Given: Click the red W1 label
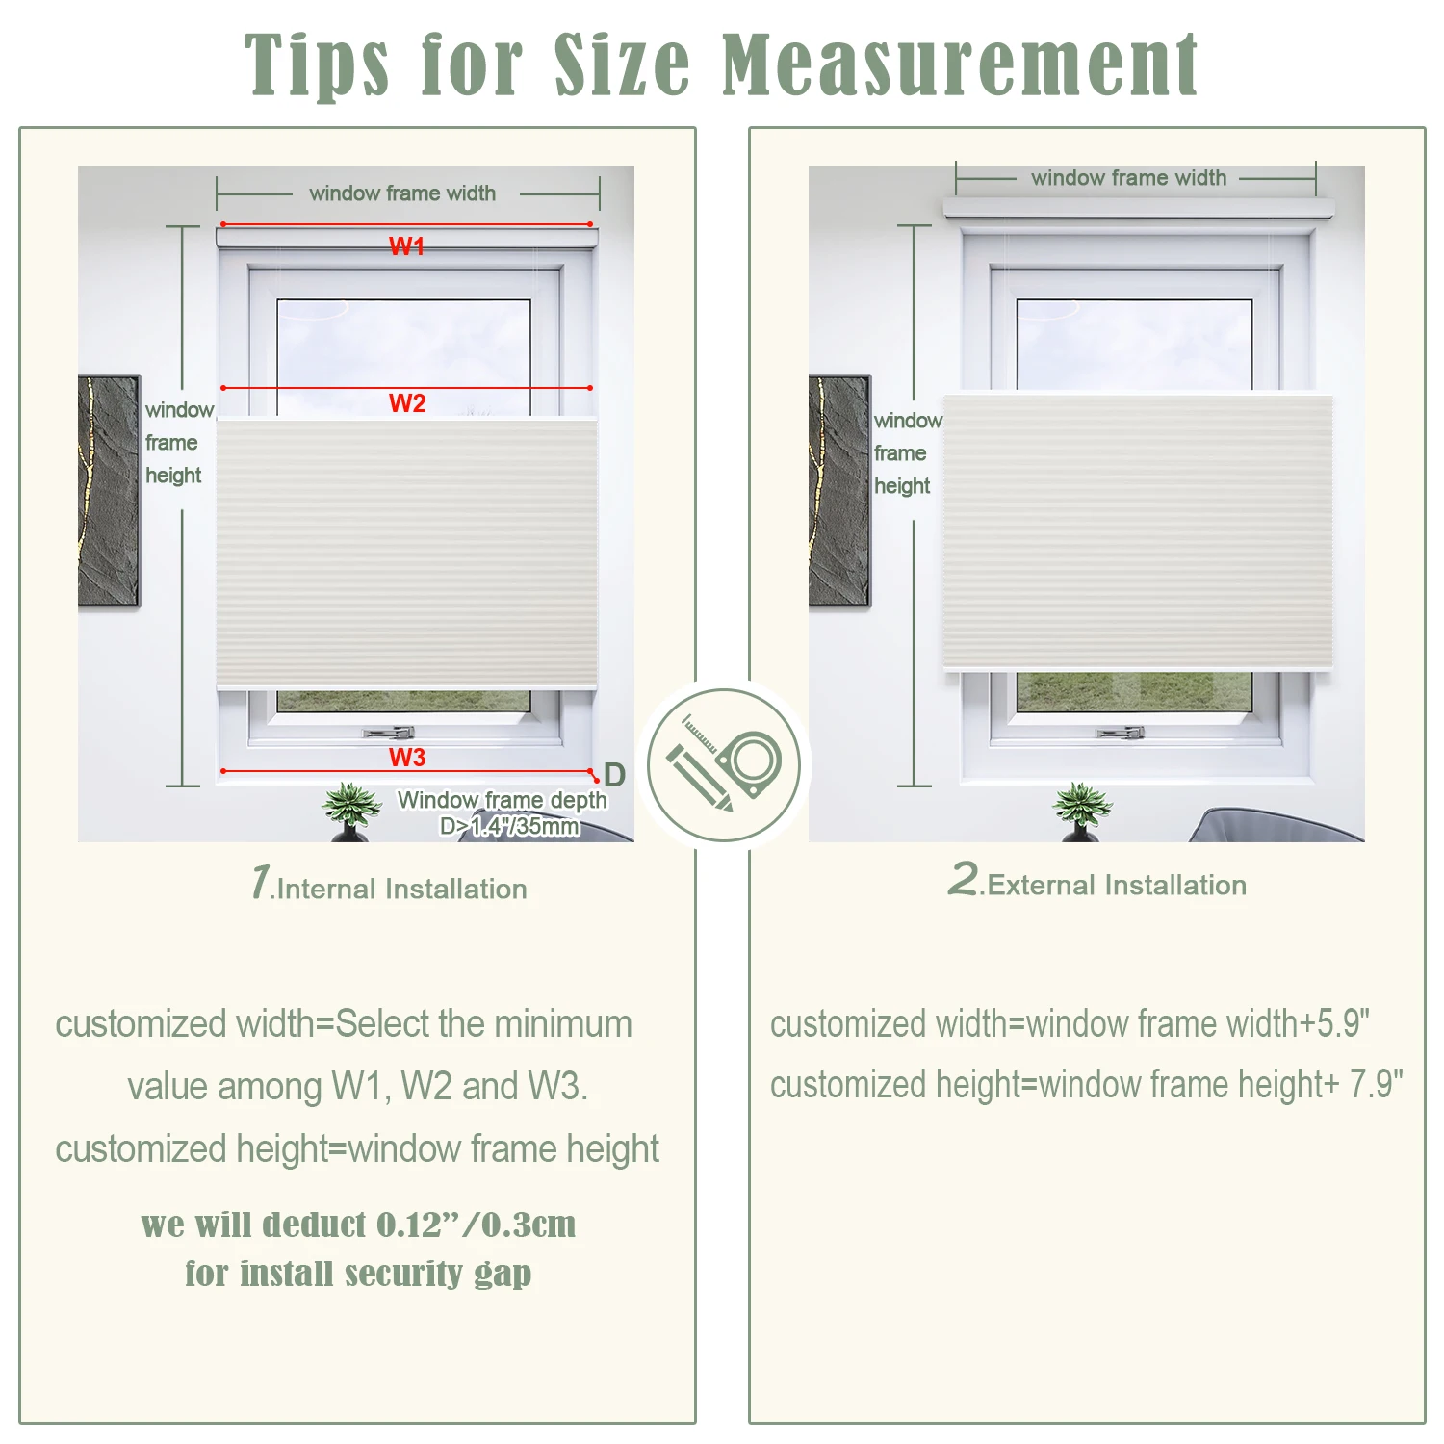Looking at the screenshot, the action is click(x=406, y=246).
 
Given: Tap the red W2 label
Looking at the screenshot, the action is click(x=407, y=403).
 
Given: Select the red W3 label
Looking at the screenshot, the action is click(x=407, y=758).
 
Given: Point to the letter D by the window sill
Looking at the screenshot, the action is click(x=614, y=775).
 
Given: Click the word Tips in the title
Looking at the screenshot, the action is click(x=317, y=65).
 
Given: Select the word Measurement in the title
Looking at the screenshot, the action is click(x=960, y=65).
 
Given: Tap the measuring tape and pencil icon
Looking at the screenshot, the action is click(x=723, y=765).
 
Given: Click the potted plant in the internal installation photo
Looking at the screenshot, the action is click(x=350, y=812).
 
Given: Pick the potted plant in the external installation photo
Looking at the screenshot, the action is click(x=1082, y=812).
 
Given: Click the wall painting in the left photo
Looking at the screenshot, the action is click(x=109, y=491).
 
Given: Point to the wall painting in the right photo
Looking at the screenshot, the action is click(x=839, y=491).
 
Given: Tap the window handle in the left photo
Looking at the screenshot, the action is click(x=389, y=733).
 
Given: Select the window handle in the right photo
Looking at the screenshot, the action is click(x=1121, y=733).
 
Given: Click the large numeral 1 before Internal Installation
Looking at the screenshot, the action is click(x=260, y=882).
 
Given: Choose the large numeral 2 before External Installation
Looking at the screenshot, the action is click(x=963, y=878).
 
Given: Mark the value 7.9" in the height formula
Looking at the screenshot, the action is click(x=1376, y=1084).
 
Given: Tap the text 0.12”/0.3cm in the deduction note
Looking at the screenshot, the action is click(x=476, y=1225).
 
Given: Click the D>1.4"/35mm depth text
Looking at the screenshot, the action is click(x=509, y=826).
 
